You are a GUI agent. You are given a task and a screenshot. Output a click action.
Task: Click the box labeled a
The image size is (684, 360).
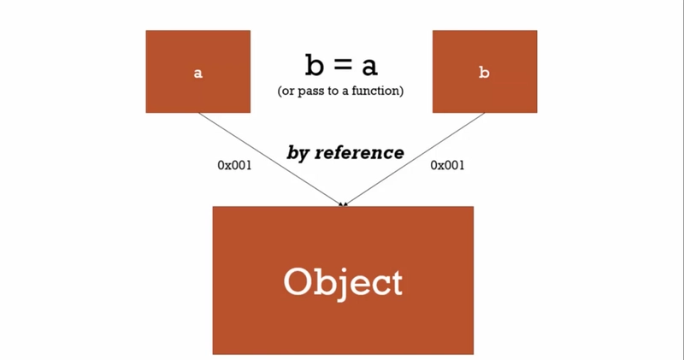coord(198,72)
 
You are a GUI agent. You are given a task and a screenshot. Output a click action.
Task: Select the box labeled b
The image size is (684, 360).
coord(484,72)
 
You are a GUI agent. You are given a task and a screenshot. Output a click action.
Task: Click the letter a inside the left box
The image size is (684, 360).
coord(198,74)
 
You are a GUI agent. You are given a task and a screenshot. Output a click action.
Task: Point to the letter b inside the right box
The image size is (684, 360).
coord(484,73)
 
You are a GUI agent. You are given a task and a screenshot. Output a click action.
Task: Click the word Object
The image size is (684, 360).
coord(342,281)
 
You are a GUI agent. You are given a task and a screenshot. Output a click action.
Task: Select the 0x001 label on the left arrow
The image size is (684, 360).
coord(234,165)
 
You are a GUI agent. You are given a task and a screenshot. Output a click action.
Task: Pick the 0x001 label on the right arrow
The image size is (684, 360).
coord(447,165)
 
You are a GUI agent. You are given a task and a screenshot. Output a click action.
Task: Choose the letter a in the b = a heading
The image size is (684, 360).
coord(369,66)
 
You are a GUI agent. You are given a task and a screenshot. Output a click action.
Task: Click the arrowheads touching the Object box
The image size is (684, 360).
coord(343,204)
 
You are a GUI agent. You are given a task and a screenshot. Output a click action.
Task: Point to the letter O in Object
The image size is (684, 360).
coord(298,281)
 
